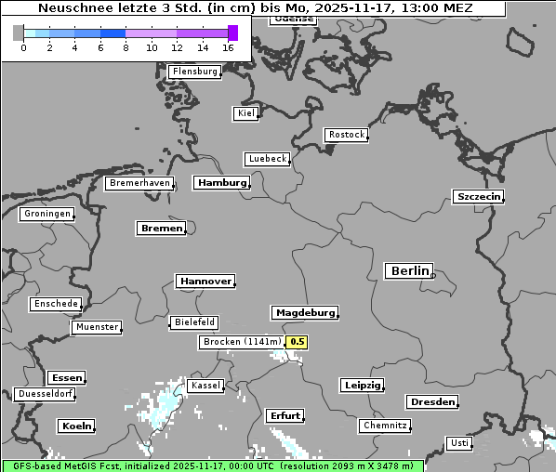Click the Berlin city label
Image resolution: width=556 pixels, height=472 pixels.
click(x=409, y=271)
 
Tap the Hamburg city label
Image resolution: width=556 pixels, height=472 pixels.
click(x=221, y=183)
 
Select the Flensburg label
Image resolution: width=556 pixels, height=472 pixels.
click(x=194, y=72)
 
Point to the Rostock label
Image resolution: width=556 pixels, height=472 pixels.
click(x=346, y=135)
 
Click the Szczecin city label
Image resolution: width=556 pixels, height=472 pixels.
click(x=478, y=196)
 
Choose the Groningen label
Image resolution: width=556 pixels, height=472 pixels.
click(x=46, y=214)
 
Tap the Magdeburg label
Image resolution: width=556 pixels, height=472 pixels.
click(x=304, y=313)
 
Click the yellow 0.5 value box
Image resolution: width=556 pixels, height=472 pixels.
click(x=297, y=342)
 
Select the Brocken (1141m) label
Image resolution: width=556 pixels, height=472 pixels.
click(x=241, y=342)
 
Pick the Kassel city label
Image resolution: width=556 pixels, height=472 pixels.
click(x=205, y=386)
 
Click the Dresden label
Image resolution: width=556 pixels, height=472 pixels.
click(x=431, y=402)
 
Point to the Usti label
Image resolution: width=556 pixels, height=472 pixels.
click(x=458, y=443)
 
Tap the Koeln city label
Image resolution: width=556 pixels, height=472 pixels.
click(x=76, y=426)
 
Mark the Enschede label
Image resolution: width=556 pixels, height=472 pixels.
click(x=55, y=304)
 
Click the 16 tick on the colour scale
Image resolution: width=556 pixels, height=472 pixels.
click(x=229, y=47)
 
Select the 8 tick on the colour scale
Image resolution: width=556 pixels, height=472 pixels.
click(x=126, y=47)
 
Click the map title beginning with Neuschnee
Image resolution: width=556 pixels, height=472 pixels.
click(x=255, y=8)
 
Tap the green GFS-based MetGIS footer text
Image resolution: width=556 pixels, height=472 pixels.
click(x=212, y=465)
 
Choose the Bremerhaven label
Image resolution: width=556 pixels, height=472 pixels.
click(x=139, y=183)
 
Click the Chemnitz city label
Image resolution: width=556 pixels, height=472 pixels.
click(x=384, y=426)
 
